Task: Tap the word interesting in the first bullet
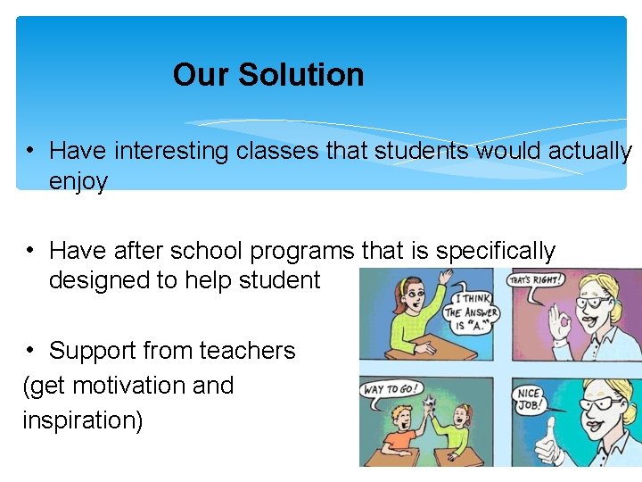tap(171, 151)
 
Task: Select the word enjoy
tap(78, 182)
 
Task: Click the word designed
tap(99, 280)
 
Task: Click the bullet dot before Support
tap(29, 350)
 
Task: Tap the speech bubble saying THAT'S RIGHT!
tap(534, 279)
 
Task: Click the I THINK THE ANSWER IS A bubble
tap(472, 312)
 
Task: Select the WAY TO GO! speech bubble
tap(391, 389)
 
